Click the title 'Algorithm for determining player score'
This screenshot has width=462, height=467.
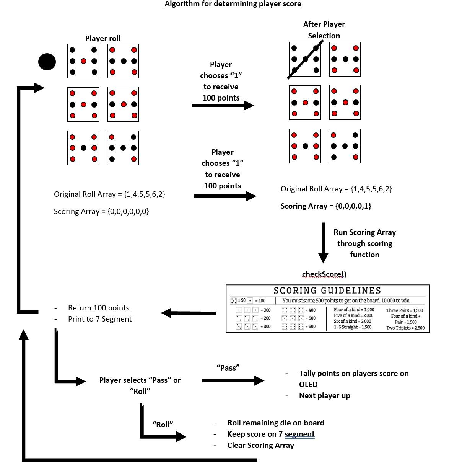click(233, 4)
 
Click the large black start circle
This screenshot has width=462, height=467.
click(47, 62)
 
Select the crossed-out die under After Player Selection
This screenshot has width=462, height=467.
click(305, 59)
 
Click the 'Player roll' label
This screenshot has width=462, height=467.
click(103, 38)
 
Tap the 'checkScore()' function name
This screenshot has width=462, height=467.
click(324, 274)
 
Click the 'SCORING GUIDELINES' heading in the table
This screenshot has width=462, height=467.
click(327, 291)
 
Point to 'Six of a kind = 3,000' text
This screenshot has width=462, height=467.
click(352, 321)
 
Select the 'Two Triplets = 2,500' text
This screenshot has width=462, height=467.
click(405, 328)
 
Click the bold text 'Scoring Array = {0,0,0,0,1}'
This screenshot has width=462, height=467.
click(326, 206)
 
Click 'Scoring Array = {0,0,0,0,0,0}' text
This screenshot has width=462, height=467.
click(101, 211)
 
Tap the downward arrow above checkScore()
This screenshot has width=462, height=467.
click(323, 243)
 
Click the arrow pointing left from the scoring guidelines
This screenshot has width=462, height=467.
click(188, 313)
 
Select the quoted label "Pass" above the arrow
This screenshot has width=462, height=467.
click(228, 367)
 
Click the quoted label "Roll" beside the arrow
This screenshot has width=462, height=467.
click(163, 424)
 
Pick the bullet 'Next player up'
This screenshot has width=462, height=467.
click(324, 395)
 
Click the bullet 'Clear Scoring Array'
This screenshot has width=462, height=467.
click(260, 445)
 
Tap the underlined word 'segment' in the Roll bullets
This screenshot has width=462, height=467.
click(299, 434)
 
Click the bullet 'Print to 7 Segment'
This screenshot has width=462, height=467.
click(100, 319)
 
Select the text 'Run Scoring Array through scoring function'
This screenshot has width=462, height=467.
click(364, 243)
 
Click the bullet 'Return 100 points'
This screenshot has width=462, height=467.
click(98, 308)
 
